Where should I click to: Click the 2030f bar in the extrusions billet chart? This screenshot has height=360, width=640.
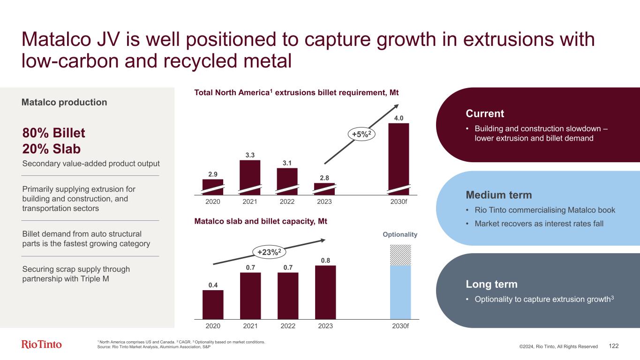click(x=399, y=157)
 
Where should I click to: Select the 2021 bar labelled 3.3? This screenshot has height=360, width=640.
click(x=249, y=176)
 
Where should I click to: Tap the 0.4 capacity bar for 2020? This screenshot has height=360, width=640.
click(x=213, y=304)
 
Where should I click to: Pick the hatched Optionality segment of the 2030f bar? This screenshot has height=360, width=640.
click(x=400, y=255)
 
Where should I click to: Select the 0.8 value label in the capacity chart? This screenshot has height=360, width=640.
click(x=325, y=260)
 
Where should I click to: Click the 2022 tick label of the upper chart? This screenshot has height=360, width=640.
click(x=287, y=202)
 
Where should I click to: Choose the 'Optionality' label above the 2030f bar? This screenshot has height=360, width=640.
click(x=401, y=234)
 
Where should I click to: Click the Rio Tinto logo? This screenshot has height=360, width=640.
click(x=42, y=345)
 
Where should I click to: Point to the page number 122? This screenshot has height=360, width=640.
click(x=614, y=346)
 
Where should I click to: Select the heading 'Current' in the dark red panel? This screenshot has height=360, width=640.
click(x=485, y=114)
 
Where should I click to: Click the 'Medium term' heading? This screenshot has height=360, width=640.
click(x=499, y=195)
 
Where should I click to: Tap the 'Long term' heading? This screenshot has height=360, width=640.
click(x=491, y=285)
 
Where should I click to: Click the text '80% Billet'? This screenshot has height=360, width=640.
click(x=54, y=134)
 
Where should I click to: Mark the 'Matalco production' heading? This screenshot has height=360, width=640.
click(x=64, y=102)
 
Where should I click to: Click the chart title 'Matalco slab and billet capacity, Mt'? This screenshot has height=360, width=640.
click(x=261, y=221)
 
